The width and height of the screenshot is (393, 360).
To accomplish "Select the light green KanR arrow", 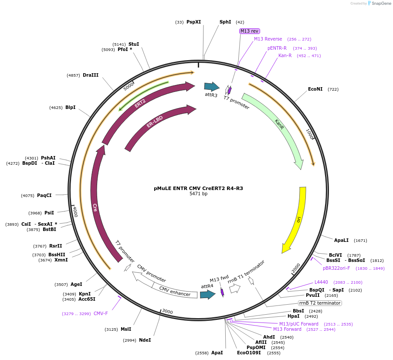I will click(x=279, y=126).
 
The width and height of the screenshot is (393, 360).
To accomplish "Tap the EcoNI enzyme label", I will click(x=315, y=89).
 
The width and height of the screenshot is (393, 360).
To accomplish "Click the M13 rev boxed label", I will click(x=249, y=31).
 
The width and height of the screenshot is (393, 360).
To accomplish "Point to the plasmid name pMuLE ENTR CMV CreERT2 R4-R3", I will click(x=198, y=188).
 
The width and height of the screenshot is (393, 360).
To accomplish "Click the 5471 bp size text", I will click(x=198, y=194).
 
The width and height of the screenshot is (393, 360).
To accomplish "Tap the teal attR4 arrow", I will click(x=207, y=295).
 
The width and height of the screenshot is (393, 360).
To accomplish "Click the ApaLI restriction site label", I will click(x=341, y=240).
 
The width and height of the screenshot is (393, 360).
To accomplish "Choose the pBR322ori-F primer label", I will click(x=336, y=268).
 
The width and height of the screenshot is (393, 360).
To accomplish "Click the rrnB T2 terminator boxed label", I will click(x=320, y=303).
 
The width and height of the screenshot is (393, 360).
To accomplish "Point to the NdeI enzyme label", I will click(x=145, y=340).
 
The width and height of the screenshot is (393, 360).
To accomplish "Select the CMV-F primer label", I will click(x=101, y=313).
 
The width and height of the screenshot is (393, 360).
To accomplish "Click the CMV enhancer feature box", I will click(x=175, y=292).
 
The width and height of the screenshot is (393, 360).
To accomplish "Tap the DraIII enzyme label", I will click(x=91, y=75).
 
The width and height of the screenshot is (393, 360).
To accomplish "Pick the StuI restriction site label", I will click(x=134, y=44).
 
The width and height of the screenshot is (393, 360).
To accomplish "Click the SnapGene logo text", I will click(x=382, y=3).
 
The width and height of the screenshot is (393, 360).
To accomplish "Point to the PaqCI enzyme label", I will click(x=44, y=195).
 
